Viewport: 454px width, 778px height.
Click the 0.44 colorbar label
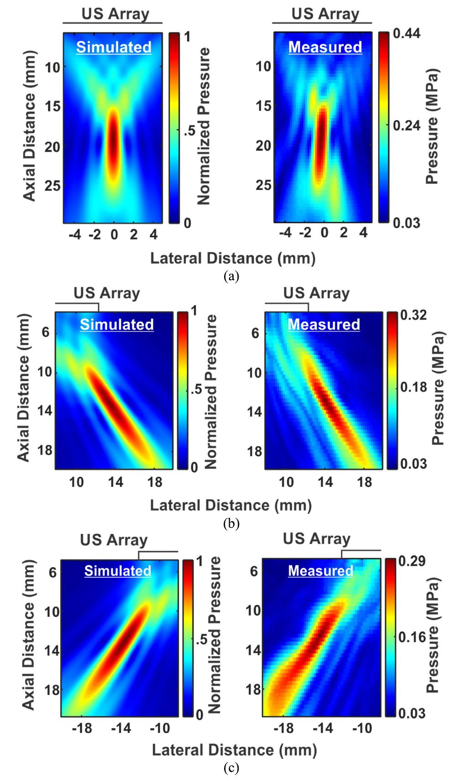click(407, 34)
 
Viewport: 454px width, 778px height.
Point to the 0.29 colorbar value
click(412, 561)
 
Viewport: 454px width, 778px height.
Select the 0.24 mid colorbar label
click(407, 126)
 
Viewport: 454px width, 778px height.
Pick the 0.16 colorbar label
click(412, 637)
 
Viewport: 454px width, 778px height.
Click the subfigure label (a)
click(231, 277)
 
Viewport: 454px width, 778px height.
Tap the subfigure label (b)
click(231, 523)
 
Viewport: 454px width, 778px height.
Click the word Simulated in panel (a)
click(114, 47)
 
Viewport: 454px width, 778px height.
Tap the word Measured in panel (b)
click(324, 324)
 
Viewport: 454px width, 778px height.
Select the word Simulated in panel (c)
click(118, 571)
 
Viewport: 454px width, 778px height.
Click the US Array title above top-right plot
click(325, 14)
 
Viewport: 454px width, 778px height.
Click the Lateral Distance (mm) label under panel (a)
click(233, 258)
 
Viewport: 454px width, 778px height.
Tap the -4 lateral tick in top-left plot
click(74, 235)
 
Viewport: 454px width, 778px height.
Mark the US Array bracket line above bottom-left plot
click(158, 552)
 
